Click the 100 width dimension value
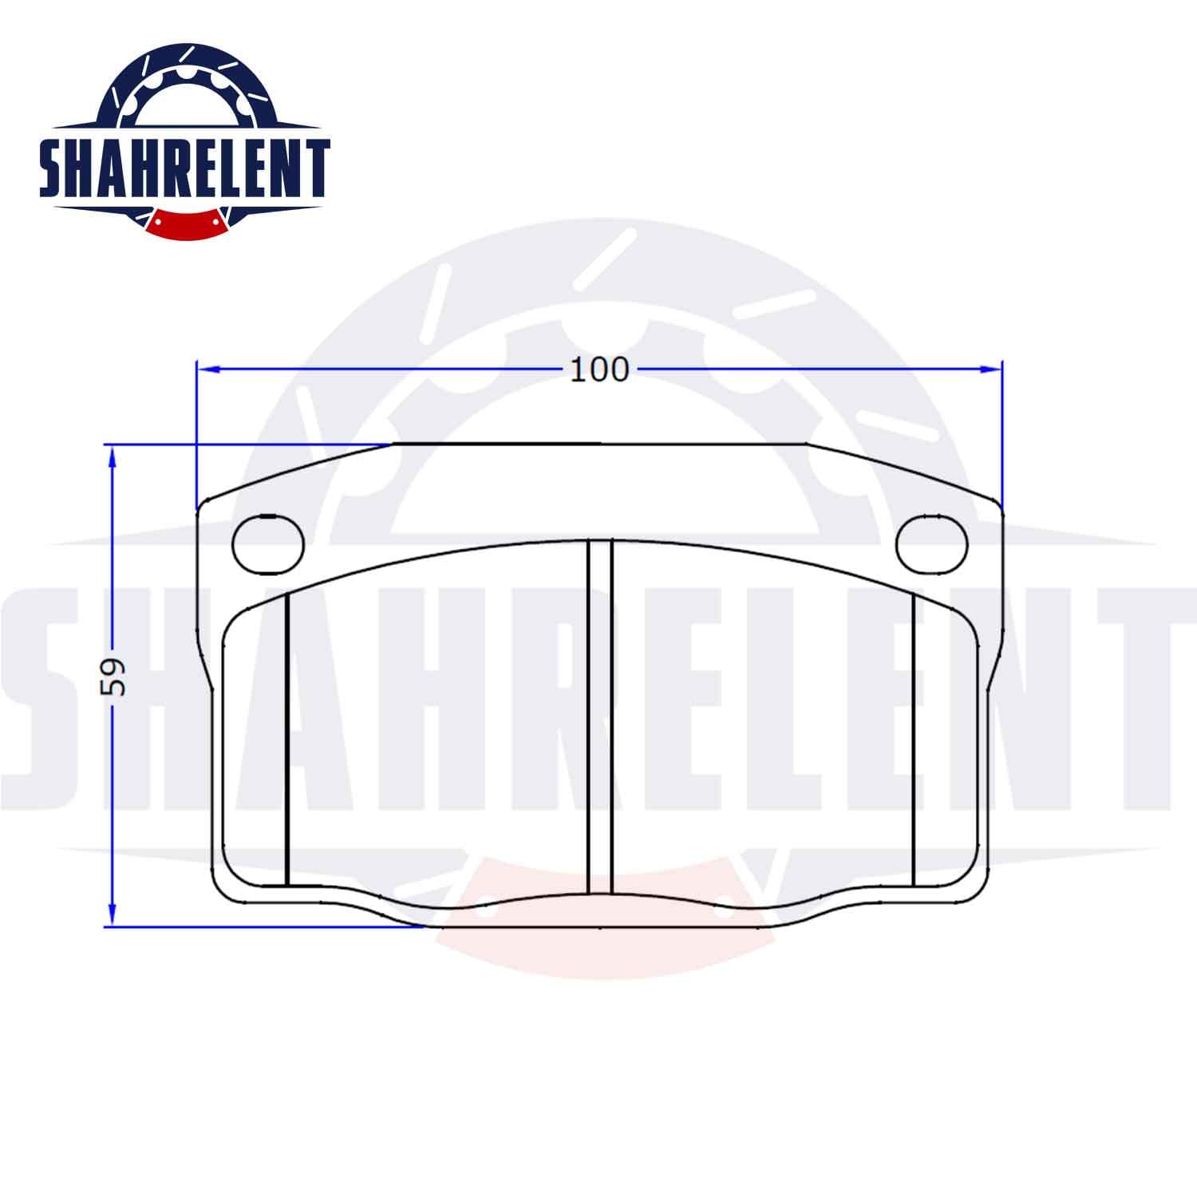coord(599,369)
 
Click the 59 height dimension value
coord(114,677)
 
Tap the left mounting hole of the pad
coord(269,545)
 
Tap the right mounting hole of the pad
coord(932,545)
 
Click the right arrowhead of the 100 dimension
coord(991,369)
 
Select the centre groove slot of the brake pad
coord(599,717)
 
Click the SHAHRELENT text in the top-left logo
coord(185,168)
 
